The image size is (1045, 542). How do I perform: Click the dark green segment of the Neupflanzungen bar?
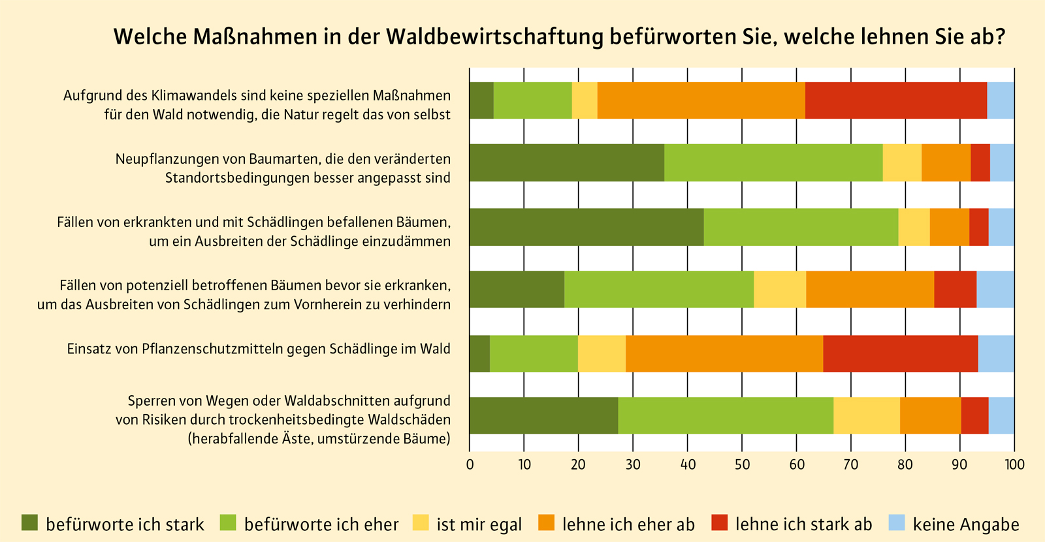pos(567,162)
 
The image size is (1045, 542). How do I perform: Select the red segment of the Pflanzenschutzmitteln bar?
pos(901,354)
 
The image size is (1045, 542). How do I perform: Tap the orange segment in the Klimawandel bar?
pos(701,100)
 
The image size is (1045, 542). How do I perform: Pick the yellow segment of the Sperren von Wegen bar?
pos(867,415)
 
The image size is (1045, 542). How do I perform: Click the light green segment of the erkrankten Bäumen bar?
pos(801,226)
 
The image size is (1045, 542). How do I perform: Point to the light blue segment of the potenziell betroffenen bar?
pos(995,289)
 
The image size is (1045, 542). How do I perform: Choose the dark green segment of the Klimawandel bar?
pos(481,100)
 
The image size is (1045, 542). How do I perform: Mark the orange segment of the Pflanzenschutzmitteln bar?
pos(724,354)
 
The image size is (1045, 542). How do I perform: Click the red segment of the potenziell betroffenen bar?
pos(955,289)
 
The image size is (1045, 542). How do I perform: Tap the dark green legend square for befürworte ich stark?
pos(30,523)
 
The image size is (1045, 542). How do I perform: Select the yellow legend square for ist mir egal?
pos(421,523)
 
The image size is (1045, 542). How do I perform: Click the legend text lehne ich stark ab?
pos(803,524)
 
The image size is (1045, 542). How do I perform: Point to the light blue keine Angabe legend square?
pos(897,523)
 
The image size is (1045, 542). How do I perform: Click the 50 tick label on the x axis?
pos(742,465)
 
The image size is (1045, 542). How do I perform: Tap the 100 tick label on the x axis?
pos(1014,465)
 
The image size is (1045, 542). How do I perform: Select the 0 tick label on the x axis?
pos(470,465)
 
